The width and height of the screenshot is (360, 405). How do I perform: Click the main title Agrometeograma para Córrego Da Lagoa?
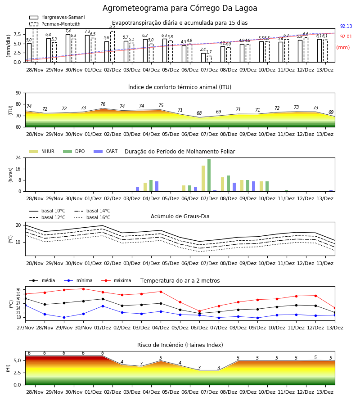tap(180, 8)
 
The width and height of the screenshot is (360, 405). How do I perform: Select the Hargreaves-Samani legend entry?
tap(57, 17)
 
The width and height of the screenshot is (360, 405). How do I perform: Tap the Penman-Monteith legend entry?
tap(55, 24)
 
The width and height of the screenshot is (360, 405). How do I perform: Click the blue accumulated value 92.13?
tap(346, 27)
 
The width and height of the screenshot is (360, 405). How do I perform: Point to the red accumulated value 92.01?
tap(346, 37)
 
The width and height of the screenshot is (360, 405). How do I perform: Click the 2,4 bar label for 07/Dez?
tap(203, 49)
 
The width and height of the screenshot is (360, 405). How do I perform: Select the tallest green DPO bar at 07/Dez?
tap(209, 175)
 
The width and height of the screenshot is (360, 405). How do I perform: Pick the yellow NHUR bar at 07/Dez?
tap(203, 179)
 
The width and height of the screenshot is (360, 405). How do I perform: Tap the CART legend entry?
tap(106, 151)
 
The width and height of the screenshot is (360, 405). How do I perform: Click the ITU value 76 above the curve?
tap(103, 104)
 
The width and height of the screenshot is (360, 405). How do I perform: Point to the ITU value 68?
tap(199, 113)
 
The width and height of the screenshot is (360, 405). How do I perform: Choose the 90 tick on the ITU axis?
tap(18, 93)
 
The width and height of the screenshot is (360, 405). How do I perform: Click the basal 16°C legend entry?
tap(92, 217)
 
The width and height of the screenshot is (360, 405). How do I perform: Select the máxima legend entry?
tap(116, 280)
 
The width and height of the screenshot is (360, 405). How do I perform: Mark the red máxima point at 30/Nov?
tap(83, 289)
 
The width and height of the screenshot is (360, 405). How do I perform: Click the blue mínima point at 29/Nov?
tap(64, 317)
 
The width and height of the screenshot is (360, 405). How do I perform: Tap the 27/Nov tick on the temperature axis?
tap(25, 328)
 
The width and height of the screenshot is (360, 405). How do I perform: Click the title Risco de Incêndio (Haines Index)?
tap(180, 345)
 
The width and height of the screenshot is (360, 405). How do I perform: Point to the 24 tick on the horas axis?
tap(18, 157)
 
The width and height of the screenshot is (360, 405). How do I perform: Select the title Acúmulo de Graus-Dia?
tap(180, 216)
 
